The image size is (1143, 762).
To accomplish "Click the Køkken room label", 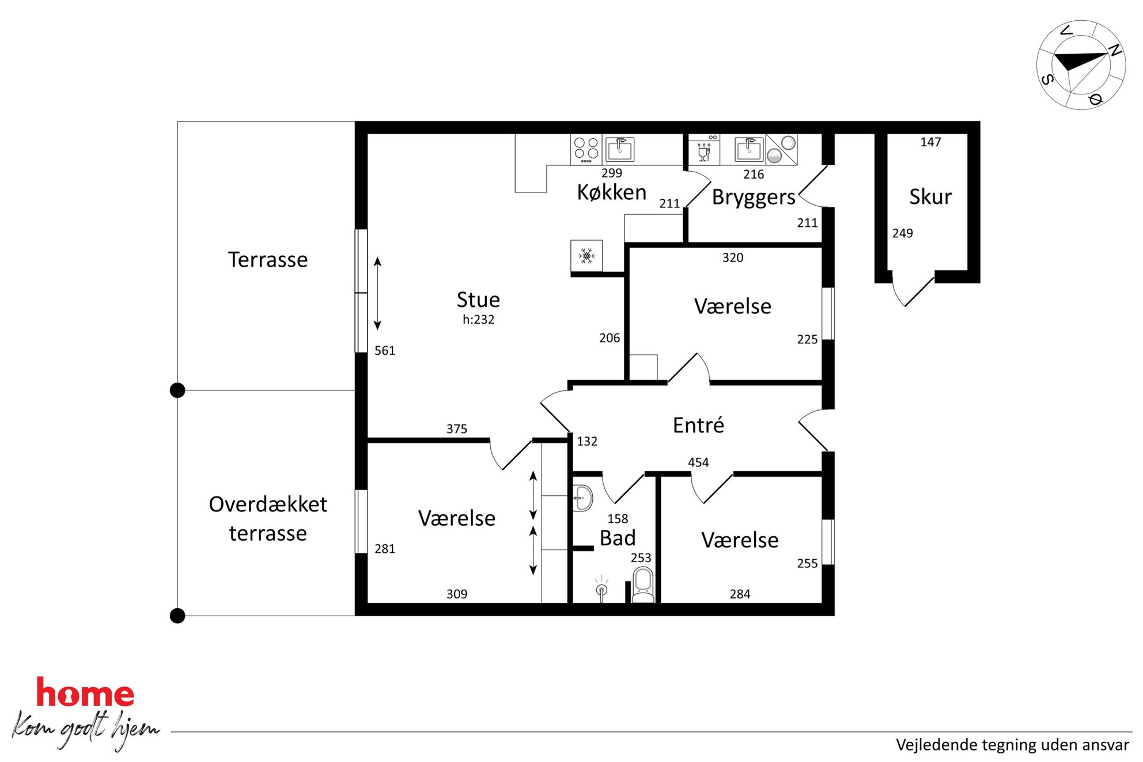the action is coord(611,192).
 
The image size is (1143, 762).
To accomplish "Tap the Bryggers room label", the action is coord(754,198).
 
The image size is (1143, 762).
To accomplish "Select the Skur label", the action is coord(930,197).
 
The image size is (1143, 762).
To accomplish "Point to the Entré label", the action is coord(698,425).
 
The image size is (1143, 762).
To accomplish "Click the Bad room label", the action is coord(618,538).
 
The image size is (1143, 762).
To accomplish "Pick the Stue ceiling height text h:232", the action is coord(478,320).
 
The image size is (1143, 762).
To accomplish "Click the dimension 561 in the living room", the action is coord(385,351).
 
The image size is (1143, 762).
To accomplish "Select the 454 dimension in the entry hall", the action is coord(698,462).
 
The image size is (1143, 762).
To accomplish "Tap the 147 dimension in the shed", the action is coord(930,142).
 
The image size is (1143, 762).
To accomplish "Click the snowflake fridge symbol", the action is coord(586,256).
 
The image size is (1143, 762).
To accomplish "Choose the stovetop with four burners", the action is coord(586,150).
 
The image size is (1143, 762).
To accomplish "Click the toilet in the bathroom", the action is coord(643,585).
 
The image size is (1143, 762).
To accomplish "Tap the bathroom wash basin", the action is coord(582,498).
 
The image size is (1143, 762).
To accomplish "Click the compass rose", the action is coord(1081,65).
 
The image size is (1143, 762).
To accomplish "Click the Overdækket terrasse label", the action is coord(268,518).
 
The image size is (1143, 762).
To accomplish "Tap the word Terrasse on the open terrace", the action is coord(268,260).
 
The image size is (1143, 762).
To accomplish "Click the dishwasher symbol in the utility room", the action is coord(704,150).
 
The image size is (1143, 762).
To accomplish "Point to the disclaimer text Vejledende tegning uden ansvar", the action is coord(1012,745).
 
